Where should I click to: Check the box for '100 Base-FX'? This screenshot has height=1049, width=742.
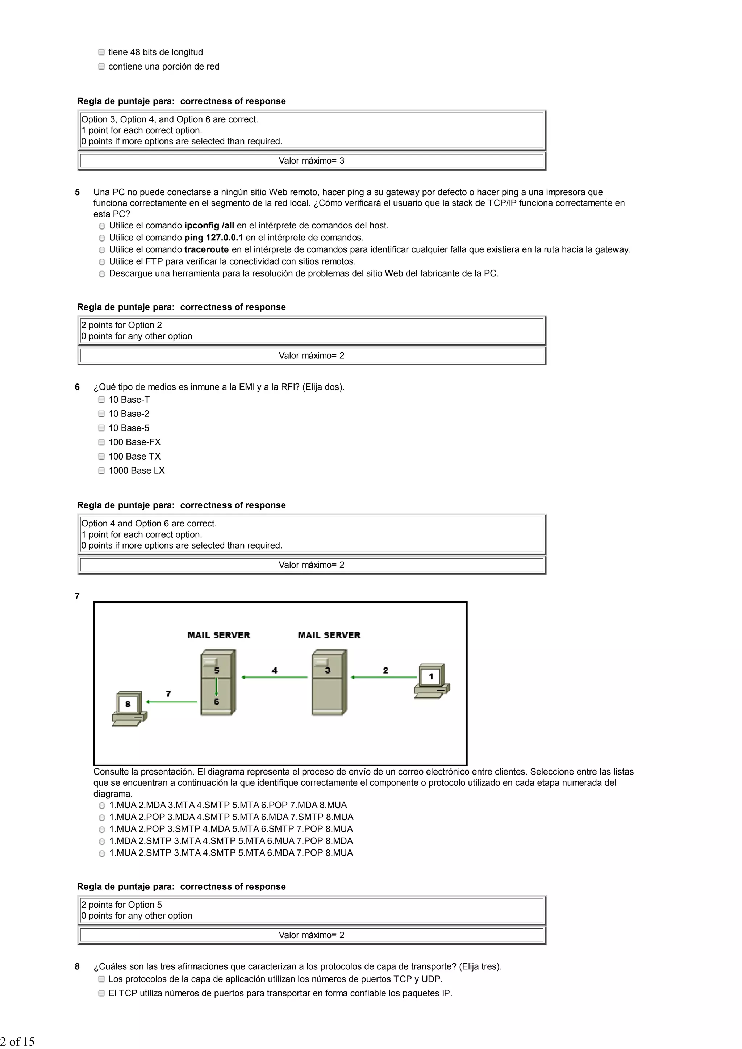click(x=101, y=442)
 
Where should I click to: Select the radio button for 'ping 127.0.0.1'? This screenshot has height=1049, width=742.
click(x=102, y=238)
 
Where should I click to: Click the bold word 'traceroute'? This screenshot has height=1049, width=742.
click(x=206, y=249)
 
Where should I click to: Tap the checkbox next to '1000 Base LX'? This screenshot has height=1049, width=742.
click(x=101, y=471)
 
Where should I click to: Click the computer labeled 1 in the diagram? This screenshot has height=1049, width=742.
click(x=432, y=681)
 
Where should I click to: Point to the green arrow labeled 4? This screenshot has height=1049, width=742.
click(x=274, y=677)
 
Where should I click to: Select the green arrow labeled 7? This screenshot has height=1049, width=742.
click(x=171, y=701)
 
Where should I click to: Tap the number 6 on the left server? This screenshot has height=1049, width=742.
click(x=217, y=701)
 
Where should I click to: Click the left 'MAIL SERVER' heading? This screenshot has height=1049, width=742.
click(x=218, y=635)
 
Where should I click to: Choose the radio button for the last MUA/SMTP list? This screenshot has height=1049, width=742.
click(x=102, y=853)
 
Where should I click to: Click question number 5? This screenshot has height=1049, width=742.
click(x=77, y=192)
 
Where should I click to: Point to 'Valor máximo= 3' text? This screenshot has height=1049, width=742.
click(x=311, y=161)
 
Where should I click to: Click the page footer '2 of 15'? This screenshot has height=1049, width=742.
click(x=17, y=1041)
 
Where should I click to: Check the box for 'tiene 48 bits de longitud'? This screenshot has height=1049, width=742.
click(x=101, y=53)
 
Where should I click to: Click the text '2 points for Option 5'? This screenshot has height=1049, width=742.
click(x=122, y=905)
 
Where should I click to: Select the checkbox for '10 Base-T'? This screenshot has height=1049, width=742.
click(x=101, y=400)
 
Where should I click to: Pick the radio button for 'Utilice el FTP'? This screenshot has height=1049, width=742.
click(x=102, y=262)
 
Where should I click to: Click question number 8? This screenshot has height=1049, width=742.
click(x=77, y=966)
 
